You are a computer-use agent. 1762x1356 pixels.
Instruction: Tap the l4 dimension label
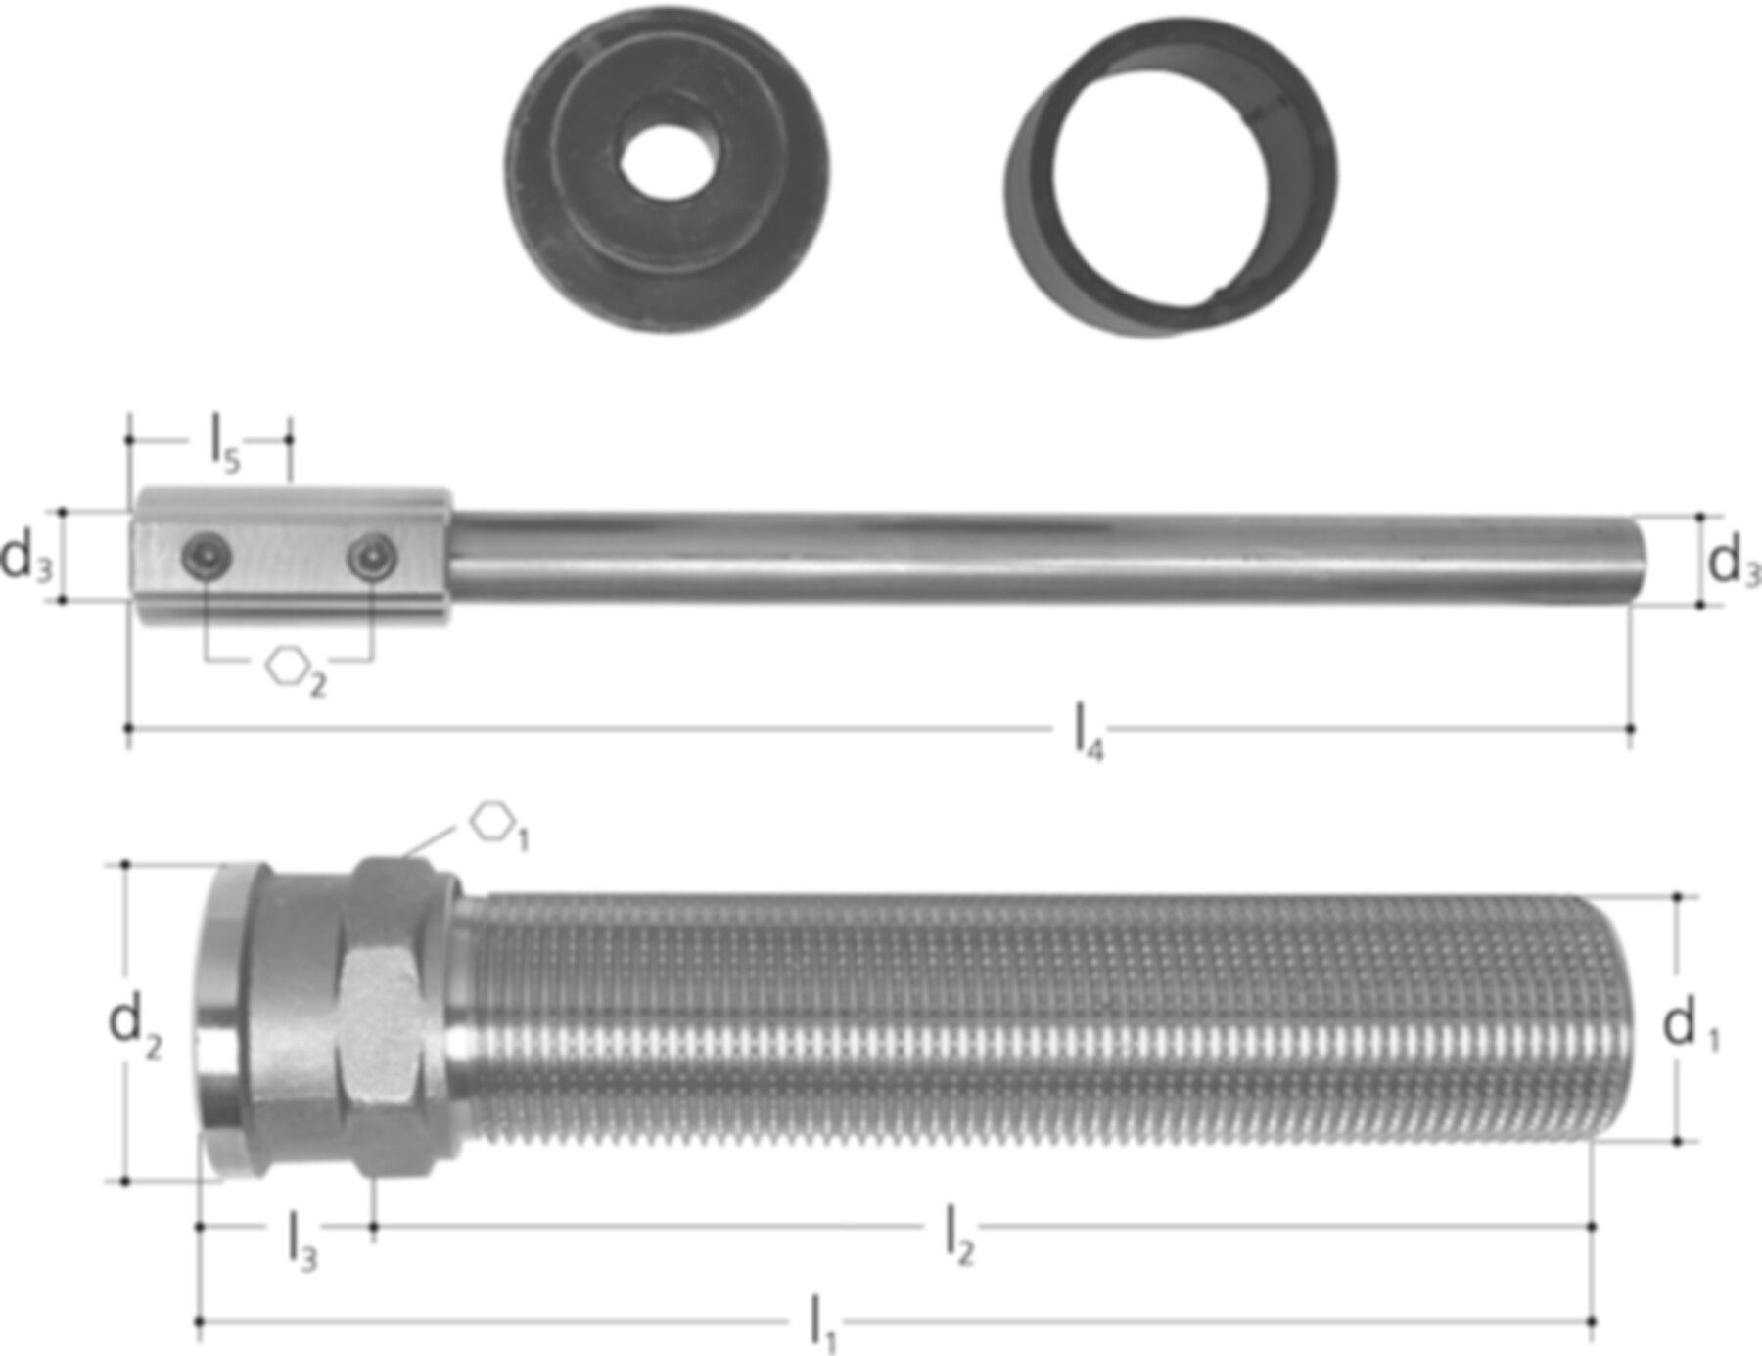(x=1090, y=734)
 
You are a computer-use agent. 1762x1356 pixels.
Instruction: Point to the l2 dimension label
(x=959, y=1235)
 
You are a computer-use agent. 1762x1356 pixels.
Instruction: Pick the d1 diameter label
(x=1691, y=1027)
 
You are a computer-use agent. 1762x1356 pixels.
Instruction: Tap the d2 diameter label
(x=134, y=1025)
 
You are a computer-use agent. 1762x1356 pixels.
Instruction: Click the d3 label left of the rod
(x=26, y=559)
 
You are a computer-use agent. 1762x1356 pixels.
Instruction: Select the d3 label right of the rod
(x=1734, y=564)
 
